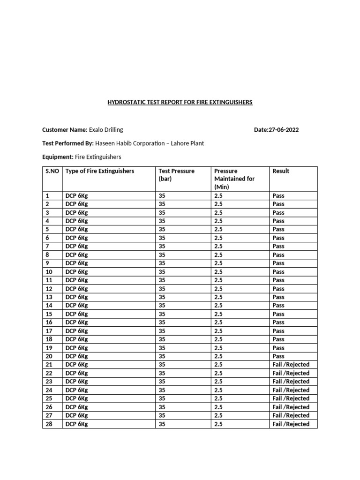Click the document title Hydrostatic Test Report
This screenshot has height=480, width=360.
click(x=180, y=102)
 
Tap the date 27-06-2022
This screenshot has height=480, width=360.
click(x=276, y=130)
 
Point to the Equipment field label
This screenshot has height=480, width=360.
click(x=58, y=157)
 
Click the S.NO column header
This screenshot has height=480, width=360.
click(x=52, y=171)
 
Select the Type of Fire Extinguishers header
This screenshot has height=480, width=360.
click(x=100, y=171)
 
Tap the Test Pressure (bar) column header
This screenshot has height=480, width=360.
click(x=176, y=175)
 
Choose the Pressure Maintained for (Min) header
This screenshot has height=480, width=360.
click(x=234, y=179)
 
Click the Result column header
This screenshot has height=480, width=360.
click(x=281, y=171)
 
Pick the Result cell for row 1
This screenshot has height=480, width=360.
click(x=278, y=195)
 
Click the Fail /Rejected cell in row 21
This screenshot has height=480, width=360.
click(x=291, y=365)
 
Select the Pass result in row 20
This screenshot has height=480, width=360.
click(x=278, y=356)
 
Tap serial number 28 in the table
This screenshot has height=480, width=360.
click(x=49, y=424)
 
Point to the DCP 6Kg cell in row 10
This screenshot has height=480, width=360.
click(x=77, y=272)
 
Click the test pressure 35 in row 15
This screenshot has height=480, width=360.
click(x=162, y=314)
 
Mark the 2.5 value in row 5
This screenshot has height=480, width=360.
click(x=218, y=229)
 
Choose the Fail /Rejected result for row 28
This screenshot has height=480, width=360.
click(x=291, y=424)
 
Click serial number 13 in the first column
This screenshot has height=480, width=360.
click(x=49, y=297)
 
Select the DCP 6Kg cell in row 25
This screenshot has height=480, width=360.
click(x=77, y=398)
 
